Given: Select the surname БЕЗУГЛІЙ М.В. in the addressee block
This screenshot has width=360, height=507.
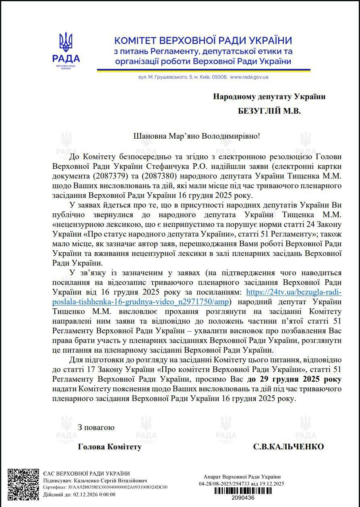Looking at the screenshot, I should (269, 110).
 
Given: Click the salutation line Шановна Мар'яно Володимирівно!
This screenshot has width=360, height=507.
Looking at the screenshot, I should (197, 135).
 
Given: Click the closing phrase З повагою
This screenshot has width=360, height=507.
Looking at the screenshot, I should (96, 427).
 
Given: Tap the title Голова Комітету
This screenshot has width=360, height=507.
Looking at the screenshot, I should (110, 447).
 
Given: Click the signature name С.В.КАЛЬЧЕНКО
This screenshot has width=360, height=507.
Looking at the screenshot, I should (288, 447).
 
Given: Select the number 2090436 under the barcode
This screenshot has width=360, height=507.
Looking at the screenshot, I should (241, 498).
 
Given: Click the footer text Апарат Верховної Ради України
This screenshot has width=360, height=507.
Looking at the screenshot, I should (242, 477).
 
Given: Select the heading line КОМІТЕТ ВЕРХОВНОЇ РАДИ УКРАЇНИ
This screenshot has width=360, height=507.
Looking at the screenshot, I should (203, 40).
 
